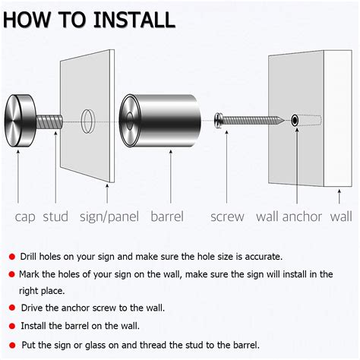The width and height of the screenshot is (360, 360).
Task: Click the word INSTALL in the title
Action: pos(136,19)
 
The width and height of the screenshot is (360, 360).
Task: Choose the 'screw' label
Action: pos(227,216)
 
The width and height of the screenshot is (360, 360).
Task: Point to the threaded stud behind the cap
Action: pos(49,120)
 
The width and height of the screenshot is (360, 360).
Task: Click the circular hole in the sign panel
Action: pos(87,119)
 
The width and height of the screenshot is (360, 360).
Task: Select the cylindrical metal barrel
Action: pos(160,119)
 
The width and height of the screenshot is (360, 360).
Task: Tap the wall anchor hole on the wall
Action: pos(293,119)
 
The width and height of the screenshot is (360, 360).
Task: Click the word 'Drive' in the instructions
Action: pos(33,308)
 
